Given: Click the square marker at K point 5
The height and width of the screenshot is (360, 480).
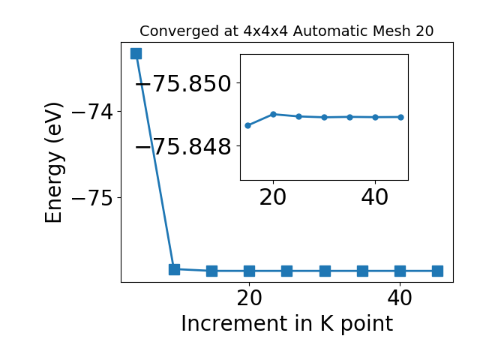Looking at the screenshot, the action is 136,53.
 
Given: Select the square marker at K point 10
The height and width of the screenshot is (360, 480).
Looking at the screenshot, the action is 175,269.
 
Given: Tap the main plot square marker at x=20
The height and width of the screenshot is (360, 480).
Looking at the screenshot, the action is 250,271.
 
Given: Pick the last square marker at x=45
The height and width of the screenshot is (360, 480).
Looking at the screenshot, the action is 437,271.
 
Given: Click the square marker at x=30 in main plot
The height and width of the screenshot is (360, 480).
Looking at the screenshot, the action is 325,271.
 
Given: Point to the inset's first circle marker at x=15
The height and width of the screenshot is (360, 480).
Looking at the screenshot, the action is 248,125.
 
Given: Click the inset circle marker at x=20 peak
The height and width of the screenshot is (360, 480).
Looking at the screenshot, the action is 273,115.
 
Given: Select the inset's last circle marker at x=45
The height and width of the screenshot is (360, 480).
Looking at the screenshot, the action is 401,117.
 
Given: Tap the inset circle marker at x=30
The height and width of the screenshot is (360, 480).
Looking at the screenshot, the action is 325,117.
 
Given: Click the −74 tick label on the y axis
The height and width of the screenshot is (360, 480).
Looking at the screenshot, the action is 92,112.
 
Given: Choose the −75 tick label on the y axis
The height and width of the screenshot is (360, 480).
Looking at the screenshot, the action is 92,198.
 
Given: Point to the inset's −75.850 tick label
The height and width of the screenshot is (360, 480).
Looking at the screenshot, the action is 183,83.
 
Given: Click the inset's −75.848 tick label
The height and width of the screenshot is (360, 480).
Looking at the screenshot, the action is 183,146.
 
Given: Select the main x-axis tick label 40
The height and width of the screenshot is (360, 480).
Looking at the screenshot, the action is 400,298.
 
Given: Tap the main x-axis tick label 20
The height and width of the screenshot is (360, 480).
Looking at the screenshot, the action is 250,298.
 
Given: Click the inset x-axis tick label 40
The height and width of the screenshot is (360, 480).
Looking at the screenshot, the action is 375,197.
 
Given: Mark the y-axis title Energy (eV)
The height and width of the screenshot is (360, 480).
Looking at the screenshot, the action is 54,163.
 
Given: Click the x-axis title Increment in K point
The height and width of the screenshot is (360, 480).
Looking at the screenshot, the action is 287,324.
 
